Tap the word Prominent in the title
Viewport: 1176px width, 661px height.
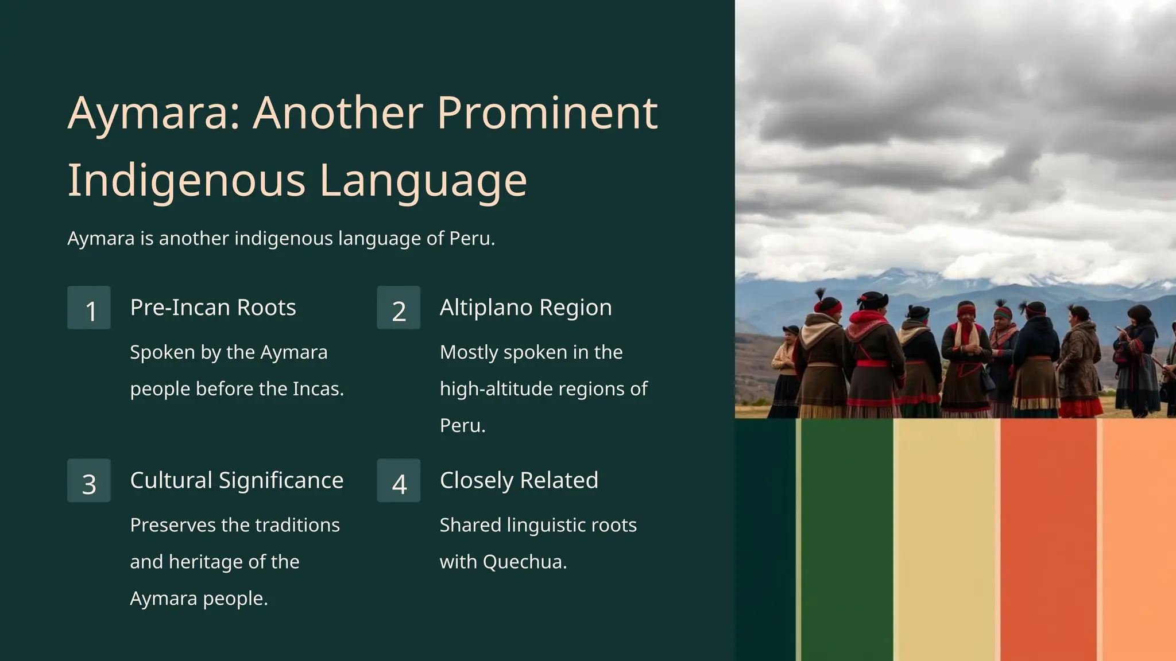point(547,113)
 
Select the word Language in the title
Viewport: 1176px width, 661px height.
point(423,181)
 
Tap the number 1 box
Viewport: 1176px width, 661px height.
point(89,308)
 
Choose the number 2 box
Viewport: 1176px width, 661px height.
point(399,308)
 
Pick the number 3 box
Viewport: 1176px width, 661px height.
point(89,481)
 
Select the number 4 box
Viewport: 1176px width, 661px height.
point(399,481)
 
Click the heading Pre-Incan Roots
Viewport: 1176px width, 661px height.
point(213,308)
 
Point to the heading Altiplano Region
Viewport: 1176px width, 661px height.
point(525,308)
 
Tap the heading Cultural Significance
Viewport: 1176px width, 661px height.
point(237,480)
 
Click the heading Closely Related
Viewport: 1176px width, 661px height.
point(519,480)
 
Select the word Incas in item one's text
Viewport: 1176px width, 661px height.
point(318,389)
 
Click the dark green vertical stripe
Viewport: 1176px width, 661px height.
point(847,539)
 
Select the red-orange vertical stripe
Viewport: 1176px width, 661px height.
point(1048,539)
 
